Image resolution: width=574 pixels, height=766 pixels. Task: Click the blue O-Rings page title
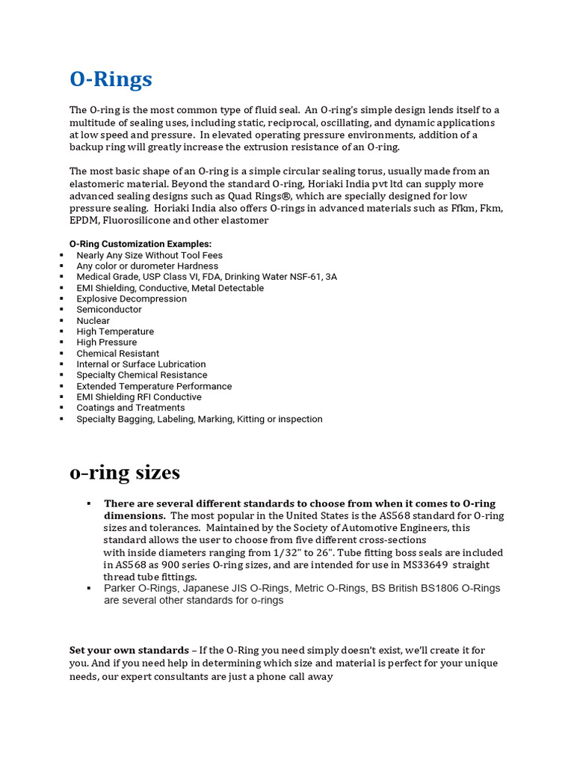(x=111, y=79)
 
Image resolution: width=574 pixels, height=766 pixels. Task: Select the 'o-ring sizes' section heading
(x=124, y=473)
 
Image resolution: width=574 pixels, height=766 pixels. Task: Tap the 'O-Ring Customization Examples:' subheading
(x=141, y=244)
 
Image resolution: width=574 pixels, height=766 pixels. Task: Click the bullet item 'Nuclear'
(x=93, y=320)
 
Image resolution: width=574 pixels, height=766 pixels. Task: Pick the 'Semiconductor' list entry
(x=108, y=309)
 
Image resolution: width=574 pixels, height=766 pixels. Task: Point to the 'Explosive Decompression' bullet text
(x=132, y=298)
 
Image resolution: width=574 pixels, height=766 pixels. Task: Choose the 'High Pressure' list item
(x=106, y=342)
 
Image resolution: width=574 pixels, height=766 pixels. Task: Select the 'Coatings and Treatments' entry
(x=130, y=408)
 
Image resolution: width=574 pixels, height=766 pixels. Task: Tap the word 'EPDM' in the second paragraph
(x=83, y=221)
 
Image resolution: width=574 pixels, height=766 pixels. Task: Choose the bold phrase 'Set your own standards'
(x=129, y=650)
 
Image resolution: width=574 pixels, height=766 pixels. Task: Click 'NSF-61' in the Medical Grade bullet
(x=303, y=277)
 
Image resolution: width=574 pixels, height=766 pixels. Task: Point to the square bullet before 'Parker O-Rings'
(x=89, y=588)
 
